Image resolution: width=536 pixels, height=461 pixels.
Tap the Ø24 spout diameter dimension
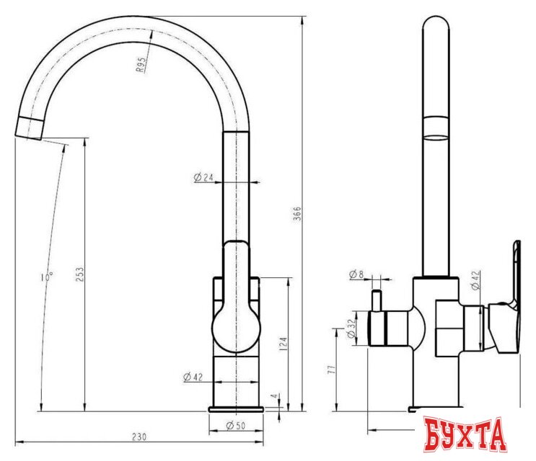coord(204,178)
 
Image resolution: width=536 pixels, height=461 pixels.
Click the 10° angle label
coord(47,276)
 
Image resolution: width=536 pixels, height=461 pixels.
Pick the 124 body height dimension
coord(284,340)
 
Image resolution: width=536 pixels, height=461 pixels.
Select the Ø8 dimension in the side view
coord(357,274)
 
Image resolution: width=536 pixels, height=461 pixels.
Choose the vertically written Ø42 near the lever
coord(475,281)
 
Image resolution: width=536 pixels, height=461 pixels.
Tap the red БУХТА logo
coord(465,435)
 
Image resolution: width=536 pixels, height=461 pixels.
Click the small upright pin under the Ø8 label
coord(375,300)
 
